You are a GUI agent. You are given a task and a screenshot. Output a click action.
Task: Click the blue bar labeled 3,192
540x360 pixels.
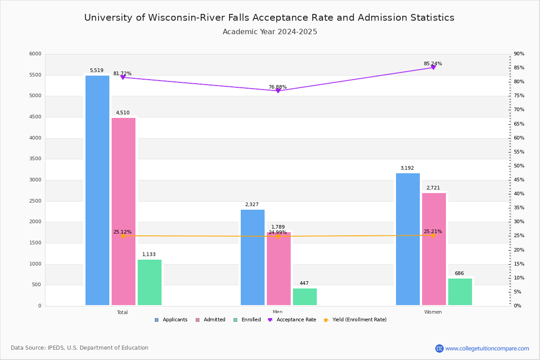click(408, 239)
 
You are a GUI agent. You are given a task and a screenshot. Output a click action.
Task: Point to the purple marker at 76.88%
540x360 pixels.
click(278, 91)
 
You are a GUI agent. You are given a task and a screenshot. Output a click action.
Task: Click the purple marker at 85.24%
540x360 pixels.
click(433, 67)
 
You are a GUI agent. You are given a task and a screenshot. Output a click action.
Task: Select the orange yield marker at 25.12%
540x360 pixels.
click(122, 236)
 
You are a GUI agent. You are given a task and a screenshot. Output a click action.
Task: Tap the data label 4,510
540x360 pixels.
click(122, 113)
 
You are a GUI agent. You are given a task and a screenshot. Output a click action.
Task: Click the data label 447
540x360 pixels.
click(304, 283)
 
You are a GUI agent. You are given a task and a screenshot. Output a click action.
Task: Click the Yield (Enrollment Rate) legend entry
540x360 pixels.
click(359, 320)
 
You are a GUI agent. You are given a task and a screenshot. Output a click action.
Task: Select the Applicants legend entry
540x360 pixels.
click(175, 320)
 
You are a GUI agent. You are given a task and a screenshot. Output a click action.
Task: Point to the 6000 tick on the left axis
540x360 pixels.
click(35, 54)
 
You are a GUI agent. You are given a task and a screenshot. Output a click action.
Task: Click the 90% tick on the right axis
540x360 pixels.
click(519, 54)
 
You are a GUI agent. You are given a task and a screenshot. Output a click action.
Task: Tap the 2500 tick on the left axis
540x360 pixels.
click(35, 201)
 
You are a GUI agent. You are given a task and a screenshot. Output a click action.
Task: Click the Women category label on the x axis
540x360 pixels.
click(433, 312)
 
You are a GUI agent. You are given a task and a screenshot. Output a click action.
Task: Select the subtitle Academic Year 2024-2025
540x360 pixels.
click(270, 32)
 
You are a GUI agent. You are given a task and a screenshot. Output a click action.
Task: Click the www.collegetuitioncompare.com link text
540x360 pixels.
click(487, 348)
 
